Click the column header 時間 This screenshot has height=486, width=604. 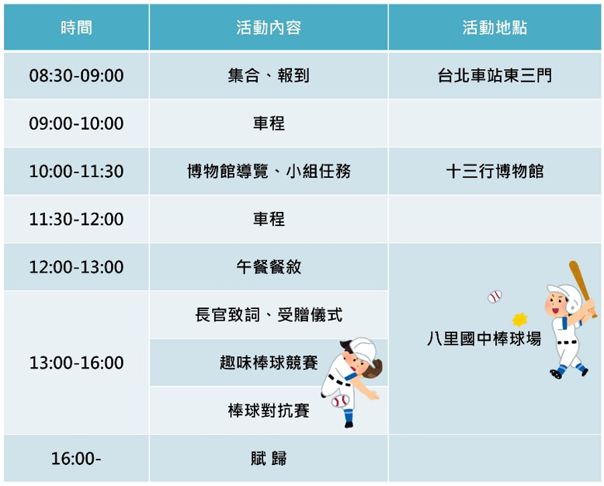tap(76, 28)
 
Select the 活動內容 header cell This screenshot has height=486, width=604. tap(269, 28)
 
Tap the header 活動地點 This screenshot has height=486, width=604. tap(495, 28)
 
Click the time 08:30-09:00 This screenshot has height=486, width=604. tap(76, 75)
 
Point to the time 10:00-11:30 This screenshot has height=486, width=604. tap(76, 172)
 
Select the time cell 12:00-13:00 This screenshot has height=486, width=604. tap(76, 267)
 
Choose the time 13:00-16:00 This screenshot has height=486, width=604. tap(76, 363)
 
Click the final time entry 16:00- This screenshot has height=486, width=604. tap(76, 459)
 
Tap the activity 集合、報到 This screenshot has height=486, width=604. tap(269, 75)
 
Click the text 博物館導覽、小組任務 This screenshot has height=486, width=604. tap(269, 172)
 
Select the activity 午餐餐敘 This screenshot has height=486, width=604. tap(269, 267)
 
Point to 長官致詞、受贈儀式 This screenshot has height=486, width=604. tap(269, 315)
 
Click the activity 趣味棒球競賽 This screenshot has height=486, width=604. tap(269, 363)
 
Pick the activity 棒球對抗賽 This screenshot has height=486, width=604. tap(269, 411)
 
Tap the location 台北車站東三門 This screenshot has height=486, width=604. tap(495, 75)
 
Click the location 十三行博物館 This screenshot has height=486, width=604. tap(495, 172)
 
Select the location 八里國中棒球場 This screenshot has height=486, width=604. tap(484, 339)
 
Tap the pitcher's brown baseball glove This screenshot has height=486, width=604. tap(373, 369)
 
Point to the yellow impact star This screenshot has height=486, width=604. tap(519, 319)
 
